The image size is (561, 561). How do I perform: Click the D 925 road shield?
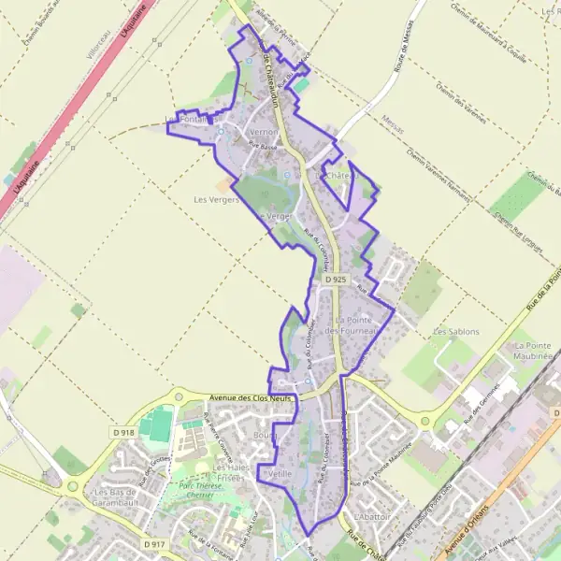tap(338, 280)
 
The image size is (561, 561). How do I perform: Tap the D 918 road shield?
tap(123, 433)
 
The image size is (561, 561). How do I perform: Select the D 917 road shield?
tap(154, 543)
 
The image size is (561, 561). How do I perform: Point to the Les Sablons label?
tap(455, 332)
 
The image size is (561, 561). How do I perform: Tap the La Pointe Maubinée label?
tap(534, 352)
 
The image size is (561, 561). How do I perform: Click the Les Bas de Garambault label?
tap(116, 497)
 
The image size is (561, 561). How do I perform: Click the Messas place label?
tap(394, 118)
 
